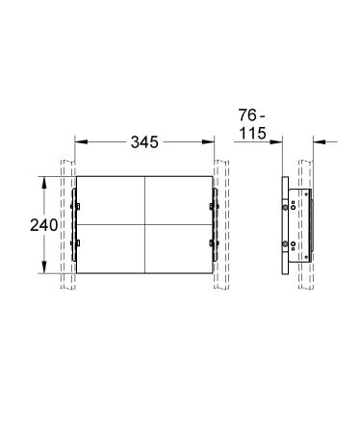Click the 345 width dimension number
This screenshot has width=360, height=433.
pos(143,143)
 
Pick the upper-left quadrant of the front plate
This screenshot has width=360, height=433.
pos(109,199)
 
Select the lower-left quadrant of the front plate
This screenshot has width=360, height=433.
pos(109,247)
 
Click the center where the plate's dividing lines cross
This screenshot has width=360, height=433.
pos(143,223)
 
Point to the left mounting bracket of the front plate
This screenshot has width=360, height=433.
pos(77,223)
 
